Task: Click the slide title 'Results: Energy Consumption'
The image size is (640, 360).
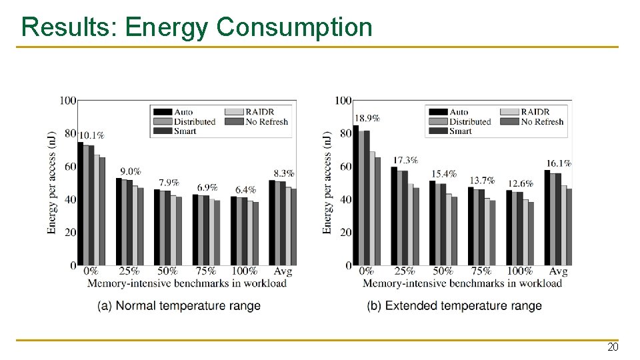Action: pyautogui.click(x=197, y=27)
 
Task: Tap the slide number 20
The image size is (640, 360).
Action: pyautogui.click(x=612, y=347)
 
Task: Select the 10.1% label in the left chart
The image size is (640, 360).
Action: pyautogui.click(x=91, y=135)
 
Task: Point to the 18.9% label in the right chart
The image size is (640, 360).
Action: pyautogui.click(x=367, y=118)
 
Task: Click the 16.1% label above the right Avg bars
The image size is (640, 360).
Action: pyautogui.click(x=559, y=163)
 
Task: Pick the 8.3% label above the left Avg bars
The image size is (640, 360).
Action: pyautogui.click(x=283, y=173)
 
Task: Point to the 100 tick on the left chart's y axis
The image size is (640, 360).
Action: pyautogui.click(x=67, y=101)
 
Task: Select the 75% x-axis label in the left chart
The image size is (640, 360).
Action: pyautogui.click(x=206, y=271)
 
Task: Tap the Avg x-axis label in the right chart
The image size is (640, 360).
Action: pyautogui.click(x=558, y=271)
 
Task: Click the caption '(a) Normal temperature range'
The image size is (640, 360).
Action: pyautogui.click(x=179, y=306)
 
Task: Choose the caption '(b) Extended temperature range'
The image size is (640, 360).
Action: pyautogui.click(x=454, y=306)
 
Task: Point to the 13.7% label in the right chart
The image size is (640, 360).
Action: pyautogui.click(x=482, y=180)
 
